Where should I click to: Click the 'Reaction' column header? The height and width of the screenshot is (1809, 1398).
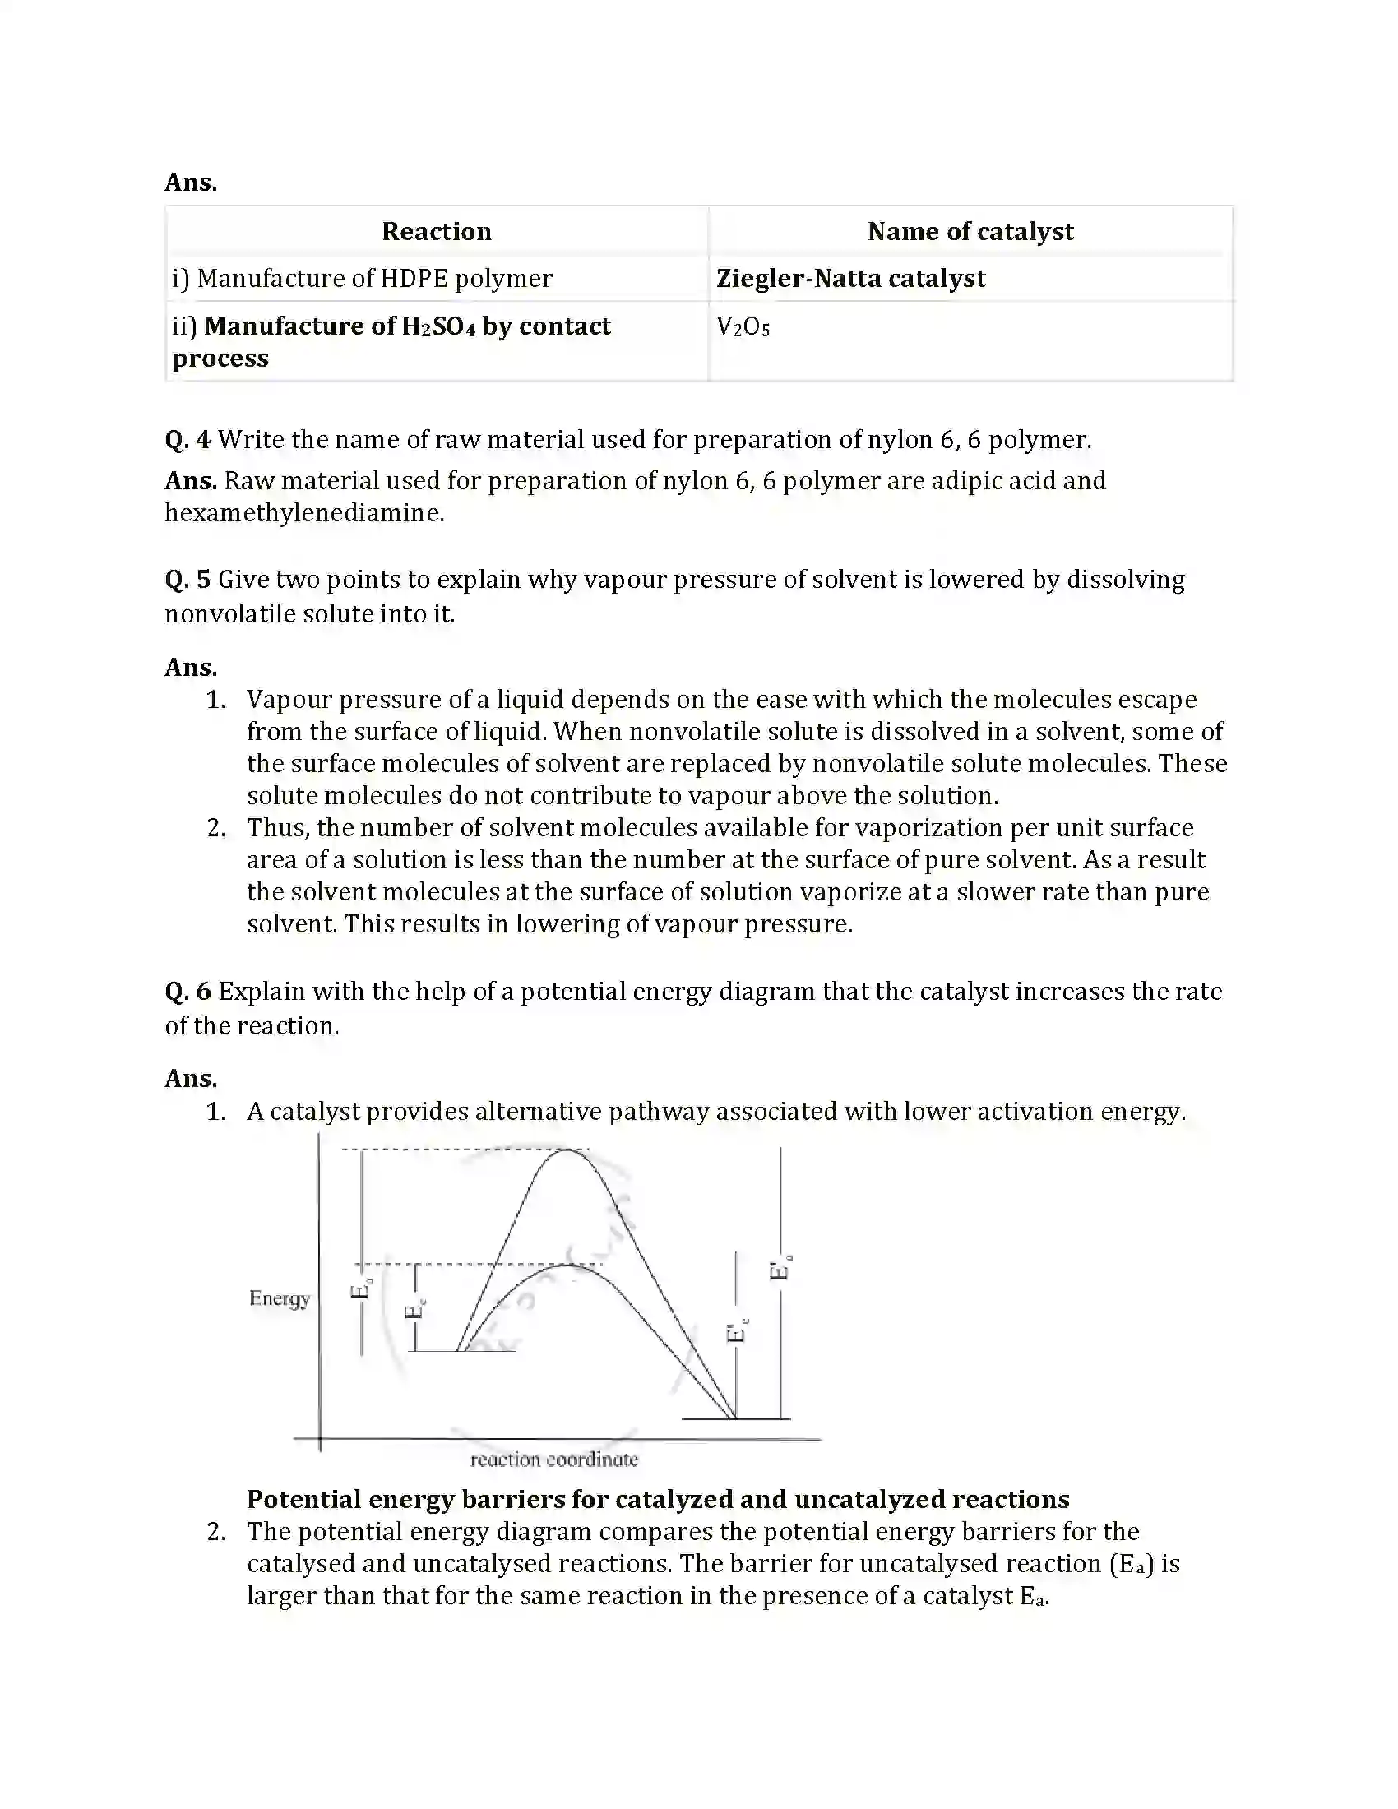click(437, 231)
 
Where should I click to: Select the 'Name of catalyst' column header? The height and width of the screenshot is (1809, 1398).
click(970, 231)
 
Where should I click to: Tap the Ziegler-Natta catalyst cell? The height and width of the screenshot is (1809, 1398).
click(850, 278)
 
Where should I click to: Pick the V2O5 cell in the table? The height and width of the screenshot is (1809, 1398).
click(743, 327)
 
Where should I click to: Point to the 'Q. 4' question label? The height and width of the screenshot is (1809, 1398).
click(188, 440)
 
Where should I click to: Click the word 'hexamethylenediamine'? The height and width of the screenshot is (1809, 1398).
click(304, 514)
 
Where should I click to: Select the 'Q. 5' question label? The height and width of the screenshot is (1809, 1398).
click(188, 580)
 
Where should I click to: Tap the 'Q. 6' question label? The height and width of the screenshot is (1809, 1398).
click(188, 992)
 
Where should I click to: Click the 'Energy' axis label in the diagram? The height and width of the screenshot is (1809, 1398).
click(279, 1298)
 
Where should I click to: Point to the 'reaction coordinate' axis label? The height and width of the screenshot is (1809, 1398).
click(554, 1460)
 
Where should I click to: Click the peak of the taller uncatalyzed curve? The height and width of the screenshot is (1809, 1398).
click(567, 1150)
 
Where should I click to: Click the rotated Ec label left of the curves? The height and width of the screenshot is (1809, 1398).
click(415, 1309)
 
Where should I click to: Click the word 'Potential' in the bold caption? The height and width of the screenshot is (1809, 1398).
click(303, 1499)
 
